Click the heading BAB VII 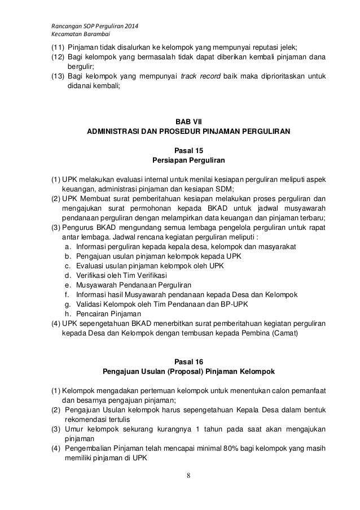click(x=188, y=121)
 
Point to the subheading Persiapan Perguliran click(x=188, y=160)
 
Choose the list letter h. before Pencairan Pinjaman click(x=68, y=315)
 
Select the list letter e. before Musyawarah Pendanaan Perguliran click(x=68, y=286)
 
